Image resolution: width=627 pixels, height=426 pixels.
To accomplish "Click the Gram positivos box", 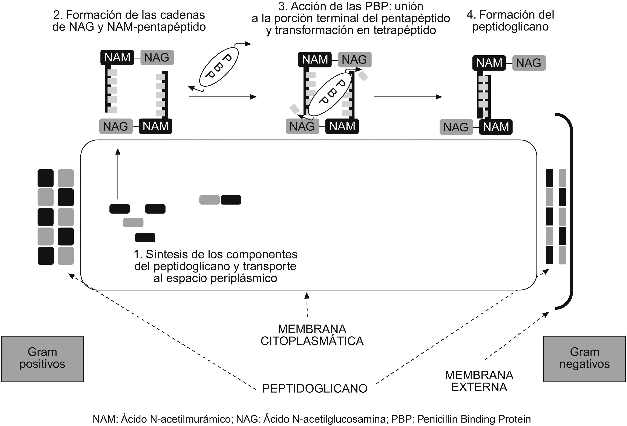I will pyautogui.click(x=42, y=359).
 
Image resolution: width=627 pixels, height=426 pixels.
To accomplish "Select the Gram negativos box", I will pyautogui.click(x=584, y=359).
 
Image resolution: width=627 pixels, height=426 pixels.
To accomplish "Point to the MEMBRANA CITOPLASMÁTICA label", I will pyautogui.click(x=312, y=335).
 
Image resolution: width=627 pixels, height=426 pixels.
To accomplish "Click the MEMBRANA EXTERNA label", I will pyautogui.click(x=479, y=381).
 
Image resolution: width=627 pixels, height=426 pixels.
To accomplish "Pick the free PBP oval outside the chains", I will pyautogui.click(x=219, y=66).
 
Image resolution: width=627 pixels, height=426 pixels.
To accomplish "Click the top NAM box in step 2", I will pyautogui.click(x=117, y=57).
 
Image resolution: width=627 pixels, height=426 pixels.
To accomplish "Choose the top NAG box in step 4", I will pyautogui.click(x=529, y=63).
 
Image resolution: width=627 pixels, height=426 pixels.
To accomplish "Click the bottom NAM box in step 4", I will pyautogui.click(x=496, y=127).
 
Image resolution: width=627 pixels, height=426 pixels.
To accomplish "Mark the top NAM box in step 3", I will pyautogui.click(x=315, y=59).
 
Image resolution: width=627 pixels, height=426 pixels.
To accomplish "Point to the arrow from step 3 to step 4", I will pyautogui.click(x=408, y=97).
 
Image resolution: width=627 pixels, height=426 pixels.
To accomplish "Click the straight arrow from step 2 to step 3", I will pyautogui.click(x=223, y=97).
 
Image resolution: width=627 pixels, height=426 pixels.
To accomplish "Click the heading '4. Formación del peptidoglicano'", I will pyautogui.click(x=510, y=20).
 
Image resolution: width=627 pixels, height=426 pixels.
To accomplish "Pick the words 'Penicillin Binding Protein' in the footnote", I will pyautogui.click(x=474, y=419).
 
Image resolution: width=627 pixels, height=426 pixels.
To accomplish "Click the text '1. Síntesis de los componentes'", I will pyautogui.click(x=216, y=254).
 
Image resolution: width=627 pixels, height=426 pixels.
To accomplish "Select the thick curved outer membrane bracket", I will pyautogui.click(x=571, y=211).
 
